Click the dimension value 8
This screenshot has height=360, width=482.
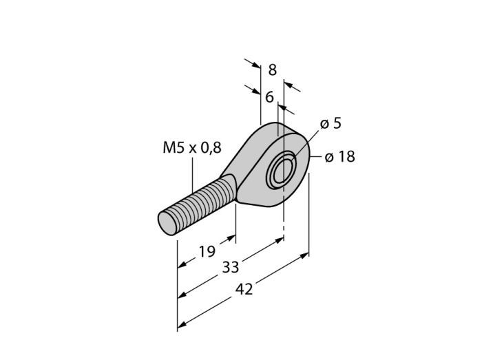click(273, 70)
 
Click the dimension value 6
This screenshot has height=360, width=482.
click(269, 97)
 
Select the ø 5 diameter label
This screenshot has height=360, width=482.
click(331, 123)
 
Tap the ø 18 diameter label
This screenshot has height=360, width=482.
click(339, 157)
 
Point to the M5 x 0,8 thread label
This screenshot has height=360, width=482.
click(192, 148)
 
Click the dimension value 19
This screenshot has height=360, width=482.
click(207, 252)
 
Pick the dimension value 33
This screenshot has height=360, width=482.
click(231, 267)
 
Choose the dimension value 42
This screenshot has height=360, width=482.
click(244, 289)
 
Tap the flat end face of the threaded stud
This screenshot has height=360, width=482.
click(166, 223)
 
